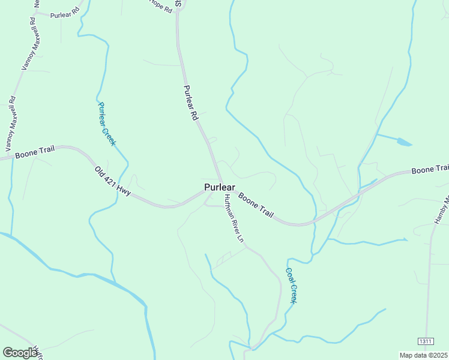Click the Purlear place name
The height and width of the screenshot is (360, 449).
click(x=219, y=187)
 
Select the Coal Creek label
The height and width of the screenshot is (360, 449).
click(x=291, y=285)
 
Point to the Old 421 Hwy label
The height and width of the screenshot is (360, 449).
click(x=112, y=181)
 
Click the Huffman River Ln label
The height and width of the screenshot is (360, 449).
click(x=234, y=219)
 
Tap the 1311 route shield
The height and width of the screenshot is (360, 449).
click(x=426, y=341)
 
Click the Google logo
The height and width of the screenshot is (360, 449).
click(x=20, y=352)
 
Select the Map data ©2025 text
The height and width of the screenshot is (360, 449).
click(x=423, y=355)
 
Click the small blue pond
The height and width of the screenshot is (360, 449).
click(x=403, y=142)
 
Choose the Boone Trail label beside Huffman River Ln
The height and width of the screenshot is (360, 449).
click(x=256, y=205)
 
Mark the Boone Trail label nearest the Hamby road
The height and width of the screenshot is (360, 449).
click(x=430, y=170)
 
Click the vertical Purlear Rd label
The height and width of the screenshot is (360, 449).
click(x=190, y=103)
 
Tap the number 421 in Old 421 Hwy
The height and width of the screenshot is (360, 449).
click(x=112, y=181)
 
